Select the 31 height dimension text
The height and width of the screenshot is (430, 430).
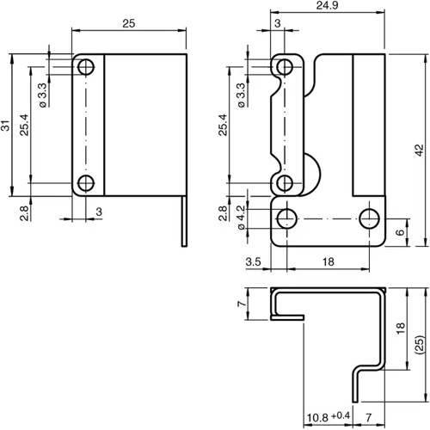click(x=6, y=126)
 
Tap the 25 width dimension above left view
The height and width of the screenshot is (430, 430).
click(x=129, y=25)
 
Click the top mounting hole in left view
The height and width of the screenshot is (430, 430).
click(x=86, y=67)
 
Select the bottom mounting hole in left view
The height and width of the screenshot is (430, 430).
click(x=86, y=182)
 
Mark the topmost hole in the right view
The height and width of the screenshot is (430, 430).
click(x=286, y=67)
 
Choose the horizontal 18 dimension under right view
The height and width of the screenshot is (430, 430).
click(x=329, y=262)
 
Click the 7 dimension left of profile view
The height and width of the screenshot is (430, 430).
click(x=242, y=304)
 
